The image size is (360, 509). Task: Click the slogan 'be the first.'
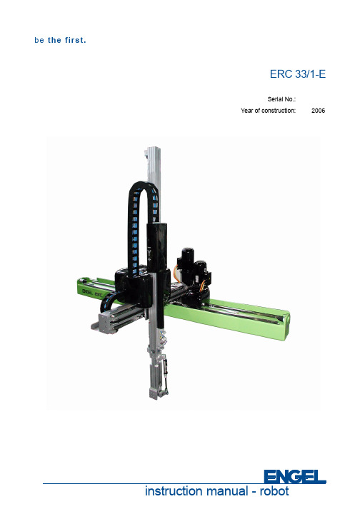pyautogui.click(x=60, y=40)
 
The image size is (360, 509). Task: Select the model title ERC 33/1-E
pyautogui.click(x=297, y=74)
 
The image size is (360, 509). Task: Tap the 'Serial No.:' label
pyautogui.click(x=281, y=99)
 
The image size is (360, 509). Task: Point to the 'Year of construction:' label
pyautogui.click(x=268, y=111)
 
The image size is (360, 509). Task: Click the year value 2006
pyautogui.click(x=318, y=111)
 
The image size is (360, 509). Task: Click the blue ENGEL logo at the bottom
pyautogui.click(x=295, y=477)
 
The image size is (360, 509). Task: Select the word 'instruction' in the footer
pyautogui.click(x=173, y=490)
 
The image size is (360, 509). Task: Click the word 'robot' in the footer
pyautogui.click(x=274, y=490)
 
